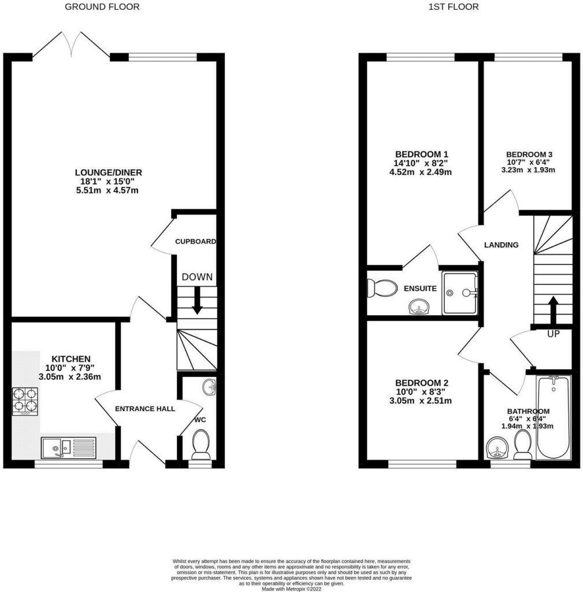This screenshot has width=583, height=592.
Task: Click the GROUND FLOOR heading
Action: (x=102, y=7)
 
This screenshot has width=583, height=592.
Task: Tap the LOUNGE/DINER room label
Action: (x=109, y=172)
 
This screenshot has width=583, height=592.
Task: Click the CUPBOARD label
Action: (x=196, y=242)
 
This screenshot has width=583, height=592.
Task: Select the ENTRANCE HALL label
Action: (x=145, y=409)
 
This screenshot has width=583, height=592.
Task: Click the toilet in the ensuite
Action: (x=383, y=287)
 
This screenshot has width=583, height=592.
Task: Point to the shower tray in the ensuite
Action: (x=460, y=293)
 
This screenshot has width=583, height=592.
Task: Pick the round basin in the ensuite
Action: (x=419, y=307)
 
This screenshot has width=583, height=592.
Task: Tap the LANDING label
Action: (x=501, y=245)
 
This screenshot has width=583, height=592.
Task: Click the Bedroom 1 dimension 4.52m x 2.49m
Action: (x=421, y=172)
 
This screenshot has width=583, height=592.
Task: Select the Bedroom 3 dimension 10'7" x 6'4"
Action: (x=529, y=162)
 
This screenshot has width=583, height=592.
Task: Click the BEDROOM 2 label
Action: (x=421, y=383)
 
